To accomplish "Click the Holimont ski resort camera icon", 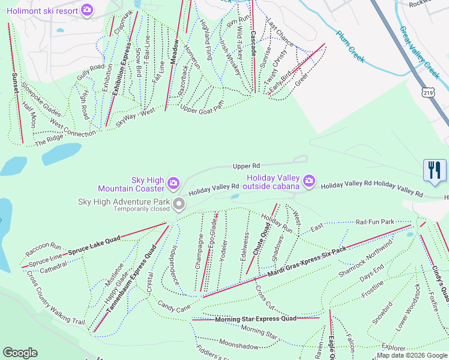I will [x=87, y=10].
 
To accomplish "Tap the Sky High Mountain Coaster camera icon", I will [x=173, y=182].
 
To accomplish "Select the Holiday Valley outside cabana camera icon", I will [x=309, y=181].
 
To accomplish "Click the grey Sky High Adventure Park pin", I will [x=178, y=205].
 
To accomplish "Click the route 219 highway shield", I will [x=427, y=92].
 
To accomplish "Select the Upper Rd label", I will [x=247, y=166].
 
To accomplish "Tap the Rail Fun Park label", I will [x=375, y=222].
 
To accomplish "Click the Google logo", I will [x=20, y=353].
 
